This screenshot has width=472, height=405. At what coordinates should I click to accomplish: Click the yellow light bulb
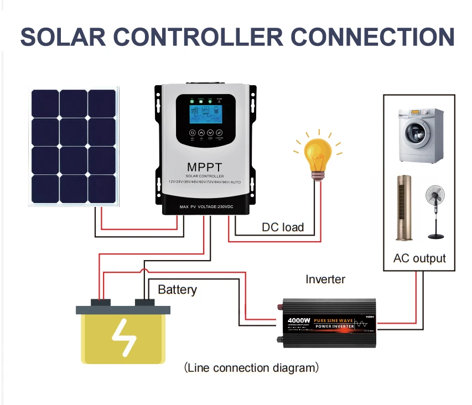[x=318, y=154]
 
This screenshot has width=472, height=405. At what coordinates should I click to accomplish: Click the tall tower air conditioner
[x=404, y=207]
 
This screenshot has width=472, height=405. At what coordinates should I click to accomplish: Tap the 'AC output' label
[x=419, y=258]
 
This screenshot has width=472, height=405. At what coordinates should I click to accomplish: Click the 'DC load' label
[x=283, y=227]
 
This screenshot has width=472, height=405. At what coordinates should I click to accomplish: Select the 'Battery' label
[x=177, y=289]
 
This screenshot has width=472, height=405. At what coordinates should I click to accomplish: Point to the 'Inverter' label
[x=325, y=279]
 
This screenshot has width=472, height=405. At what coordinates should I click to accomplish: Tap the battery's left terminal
[x=101, y=302]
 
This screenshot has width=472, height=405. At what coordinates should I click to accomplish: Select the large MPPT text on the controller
[x=204, y=167]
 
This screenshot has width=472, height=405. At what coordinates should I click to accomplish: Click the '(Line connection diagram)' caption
[x=251, y=368]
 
